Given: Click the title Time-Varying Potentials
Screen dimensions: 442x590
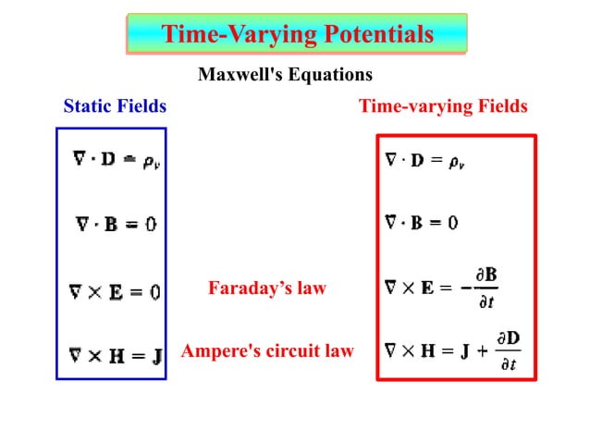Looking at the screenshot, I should [x=297, y=34].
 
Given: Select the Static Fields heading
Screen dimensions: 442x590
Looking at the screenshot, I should [x=115, y=106].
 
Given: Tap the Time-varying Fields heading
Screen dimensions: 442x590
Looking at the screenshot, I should [x=443, y=106].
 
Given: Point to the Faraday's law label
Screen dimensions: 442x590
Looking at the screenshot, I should [x=267, y=289].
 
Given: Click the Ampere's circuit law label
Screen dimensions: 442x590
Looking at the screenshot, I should [x=267, y=350].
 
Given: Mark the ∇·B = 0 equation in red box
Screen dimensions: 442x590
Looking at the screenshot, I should [x=421, y=223].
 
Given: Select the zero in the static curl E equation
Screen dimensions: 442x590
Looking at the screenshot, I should [x=154, y=292].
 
